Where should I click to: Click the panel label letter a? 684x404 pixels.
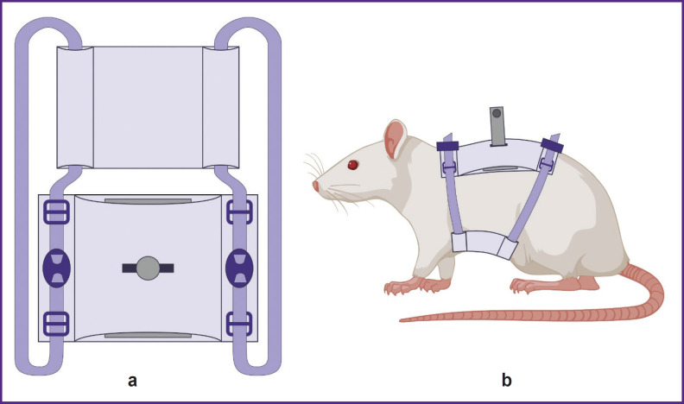click(x=132, y=380)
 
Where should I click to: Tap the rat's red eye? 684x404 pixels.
click(x=352, y=165)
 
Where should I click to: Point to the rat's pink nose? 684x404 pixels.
click(x=315, y=186)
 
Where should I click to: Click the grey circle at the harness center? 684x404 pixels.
click(x=148, y=268)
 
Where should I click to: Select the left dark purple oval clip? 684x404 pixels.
click(x=56, y=268)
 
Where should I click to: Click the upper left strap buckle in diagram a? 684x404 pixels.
click(x=55, y=212)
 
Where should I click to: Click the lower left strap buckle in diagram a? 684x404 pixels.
click(x=55, y=324)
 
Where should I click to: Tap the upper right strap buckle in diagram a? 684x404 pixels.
click(x=239, y=212)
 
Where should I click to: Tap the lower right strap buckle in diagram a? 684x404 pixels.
click(x=239, y=324)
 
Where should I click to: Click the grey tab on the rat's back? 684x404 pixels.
click(x=497, y=124)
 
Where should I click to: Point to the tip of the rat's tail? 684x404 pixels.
click(x=402, y=320)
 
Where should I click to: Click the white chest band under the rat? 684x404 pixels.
click(x=484, y=245)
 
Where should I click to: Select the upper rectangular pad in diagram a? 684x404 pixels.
click(x=148, y=107)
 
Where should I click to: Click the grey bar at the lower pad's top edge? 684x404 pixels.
click(x=148, y=201)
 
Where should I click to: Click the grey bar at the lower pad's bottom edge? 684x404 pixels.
click(x=148, y=334)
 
